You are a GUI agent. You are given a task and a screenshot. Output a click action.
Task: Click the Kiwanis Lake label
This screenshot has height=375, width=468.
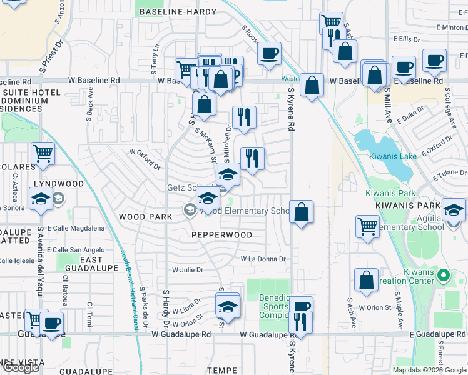pyautogui.click(x=392, y=156)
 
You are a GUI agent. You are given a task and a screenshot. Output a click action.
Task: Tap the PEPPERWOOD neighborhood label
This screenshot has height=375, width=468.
pyautogui.click(x=221, y=235)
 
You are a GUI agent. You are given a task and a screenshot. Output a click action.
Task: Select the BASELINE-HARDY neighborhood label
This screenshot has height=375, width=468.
pyautogui.click(x=178, y=12)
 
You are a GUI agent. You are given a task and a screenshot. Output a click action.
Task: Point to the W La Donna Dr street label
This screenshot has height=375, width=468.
pyautogui.click(x=263, y=259)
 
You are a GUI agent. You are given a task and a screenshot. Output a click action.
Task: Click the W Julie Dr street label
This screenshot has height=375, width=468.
pyautogui.click(x=188, y=270)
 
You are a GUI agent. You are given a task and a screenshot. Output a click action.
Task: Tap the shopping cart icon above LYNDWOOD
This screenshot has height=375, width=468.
pyautogui.click(x=43, y=153)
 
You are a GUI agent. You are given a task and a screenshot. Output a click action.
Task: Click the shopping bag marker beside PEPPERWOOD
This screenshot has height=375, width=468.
pyautogui.click(x=302, y=212)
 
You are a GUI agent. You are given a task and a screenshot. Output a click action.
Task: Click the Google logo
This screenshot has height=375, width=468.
pyautogui.click(x=21, y=367)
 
